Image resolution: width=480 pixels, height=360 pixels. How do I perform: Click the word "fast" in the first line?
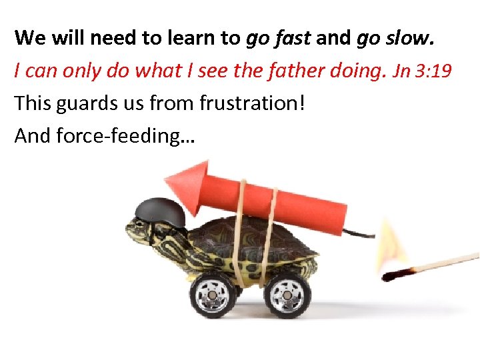point(291,38)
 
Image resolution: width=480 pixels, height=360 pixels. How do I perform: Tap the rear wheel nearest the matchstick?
point(287,293)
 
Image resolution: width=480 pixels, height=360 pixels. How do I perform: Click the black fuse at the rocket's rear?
point(360,233)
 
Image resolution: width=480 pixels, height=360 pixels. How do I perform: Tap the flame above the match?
point(392,243)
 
